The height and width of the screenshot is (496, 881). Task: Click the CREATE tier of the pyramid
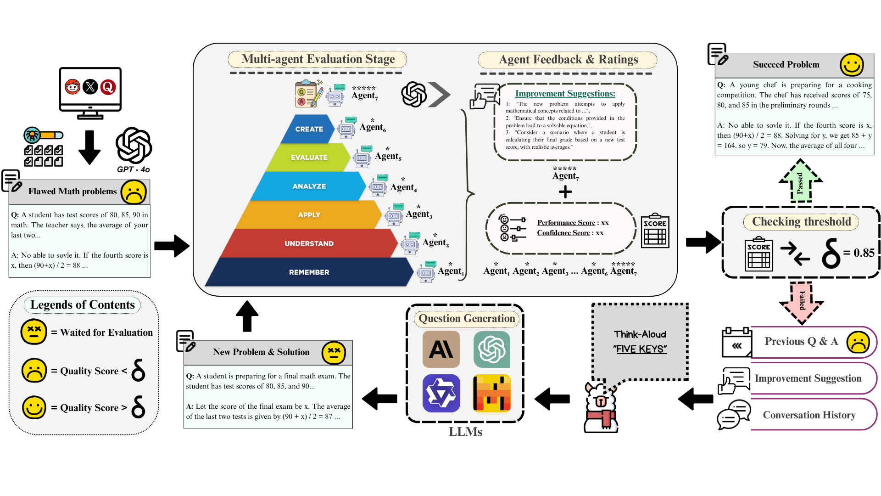pos(309,129)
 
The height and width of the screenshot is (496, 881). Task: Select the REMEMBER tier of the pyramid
pos(309,272)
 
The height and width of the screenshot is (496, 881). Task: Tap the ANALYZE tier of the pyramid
pos(309,186)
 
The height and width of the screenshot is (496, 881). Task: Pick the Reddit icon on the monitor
pos(72,87)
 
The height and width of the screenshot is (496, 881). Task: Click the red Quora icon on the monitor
pos(108,87)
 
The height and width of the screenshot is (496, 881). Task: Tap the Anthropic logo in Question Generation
pos(441,349)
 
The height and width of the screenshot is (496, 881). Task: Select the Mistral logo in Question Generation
pos(492,393)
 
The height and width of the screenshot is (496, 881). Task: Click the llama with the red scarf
pos(601,408)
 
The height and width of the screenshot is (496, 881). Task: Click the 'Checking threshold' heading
pos(801,222)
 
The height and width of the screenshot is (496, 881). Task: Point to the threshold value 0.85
pos(864,253)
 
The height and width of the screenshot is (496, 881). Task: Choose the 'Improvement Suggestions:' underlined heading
pos(565,94)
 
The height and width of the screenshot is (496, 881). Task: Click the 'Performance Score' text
pos(566,223)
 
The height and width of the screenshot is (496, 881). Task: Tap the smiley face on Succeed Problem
pos(852,65)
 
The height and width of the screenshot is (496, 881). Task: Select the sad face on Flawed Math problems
pos(134,192)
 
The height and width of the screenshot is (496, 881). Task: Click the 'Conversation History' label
pos(809,415)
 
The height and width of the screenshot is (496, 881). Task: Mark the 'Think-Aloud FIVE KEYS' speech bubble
pos(640,342)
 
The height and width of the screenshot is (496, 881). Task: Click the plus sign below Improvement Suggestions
pos(565,192)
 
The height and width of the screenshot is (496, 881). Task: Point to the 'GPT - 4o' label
pos(133,169)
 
